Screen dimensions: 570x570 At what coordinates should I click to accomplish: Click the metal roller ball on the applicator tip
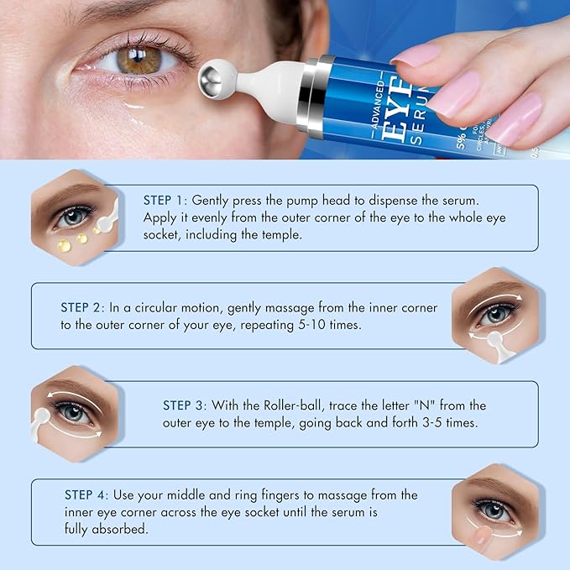click(216, 81)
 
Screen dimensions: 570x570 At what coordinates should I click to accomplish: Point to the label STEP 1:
click(165, 201)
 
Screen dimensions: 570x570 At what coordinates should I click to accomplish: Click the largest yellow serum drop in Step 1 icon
click(63, 246)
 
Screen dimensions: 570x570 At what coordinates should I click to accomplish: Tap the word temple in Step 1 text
click(279, 235)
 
